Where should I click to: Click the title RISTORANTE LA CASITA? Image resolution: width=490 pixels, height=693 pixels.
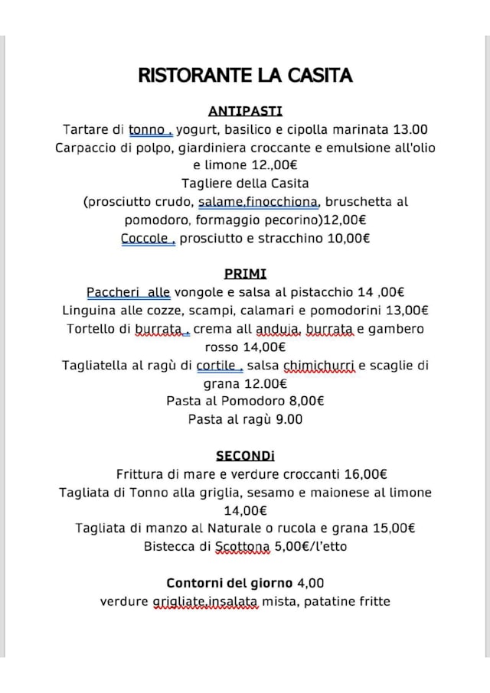click(x=245, y=75)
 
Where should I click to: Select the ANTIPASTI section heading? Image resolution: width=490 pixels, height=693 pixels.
click(x=245, y=111)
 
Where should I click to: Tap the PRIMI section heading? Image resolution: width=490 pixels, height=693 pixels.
click(x=245, y=274)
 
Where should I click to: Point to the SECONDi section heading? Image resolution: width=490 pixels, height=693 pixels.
click(x=245, y=456)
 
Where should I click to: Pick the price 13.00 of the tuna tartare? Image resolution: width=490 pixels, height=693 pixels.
click(x=410, y=129)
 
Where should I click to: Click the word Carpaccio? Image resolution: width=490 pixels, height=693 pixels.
click(x=86, y=148)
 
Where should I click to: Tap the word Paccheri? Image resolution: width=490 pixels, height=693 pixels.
click(x=113, y=292)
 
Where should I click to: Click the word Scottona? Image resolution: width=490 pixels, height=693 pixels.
click(x=242, y=547)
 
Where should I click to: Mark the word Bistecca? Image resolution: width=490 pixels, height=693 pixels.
click(x=170, y=547)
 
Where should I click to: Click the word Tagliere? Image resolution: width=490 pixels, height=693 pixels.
click(x=207, y=184)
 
